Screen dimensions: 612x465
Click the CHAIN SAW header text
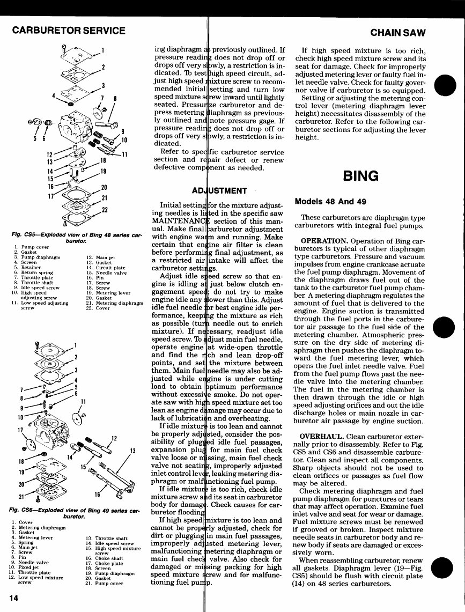(x=398, y=33)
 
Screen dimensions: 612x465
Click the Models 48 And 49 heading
(x=330, y=202)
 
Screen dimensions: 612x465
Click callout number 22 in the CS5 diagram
(x=105, y=209)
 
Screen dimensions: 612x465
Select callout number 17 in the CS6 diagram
(x=20, y=430)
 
